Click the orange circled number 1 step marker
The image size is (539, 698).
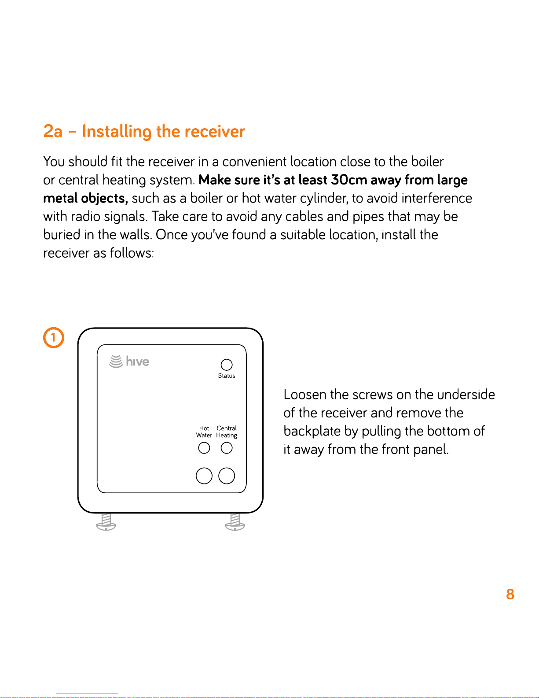(x=54, y=338)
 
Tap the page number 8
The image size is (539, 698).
(x=510, y=594)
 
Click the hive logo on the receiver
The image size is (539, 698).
(x=129, y=362)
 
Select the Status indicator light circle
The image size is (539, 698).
(x=227, y=365)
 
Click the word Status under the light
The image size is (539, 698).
(x=227, y=376)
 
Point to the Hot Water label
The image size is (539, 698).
(x=204, y=432)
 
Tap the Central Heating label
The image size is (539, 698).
(x=227, y=432)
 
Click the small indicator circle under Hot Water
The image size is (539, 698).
(x=204, y=448)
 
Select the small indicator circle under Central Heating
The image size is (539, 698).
(x=227, y=448)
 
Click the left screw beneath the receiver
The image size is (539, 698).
(x=106, y=522)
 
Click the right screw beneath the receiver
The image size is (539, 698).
(x=235, y=522)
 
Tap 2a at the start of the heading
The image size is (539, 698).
(x=53, y=131)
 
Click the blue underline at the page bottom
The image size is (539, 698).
(x=87, y=694)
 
